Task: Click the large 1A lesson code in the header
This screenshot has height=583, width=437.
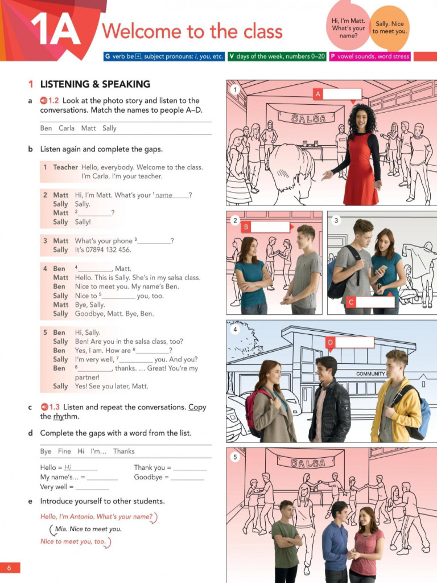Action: coord(55,30)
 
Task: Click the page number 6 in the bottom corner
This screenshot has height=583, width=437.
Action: coord(10,568)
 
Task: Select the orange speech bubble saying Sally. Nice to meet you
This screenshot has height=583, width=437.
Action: coord(390,27)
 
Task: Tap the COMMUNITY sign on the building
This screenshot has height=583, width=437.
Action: coord(370,374)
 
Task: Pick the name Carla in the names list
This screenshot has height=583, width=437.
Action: coord(67,128)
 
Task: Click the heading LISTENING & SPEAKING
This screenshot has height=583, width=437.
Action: coord(94,84)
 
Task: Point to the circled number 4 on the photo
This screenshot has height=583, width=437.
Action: coord(235,330)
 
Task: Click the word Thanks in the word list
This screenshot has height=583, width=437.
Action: coord(123,451)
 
